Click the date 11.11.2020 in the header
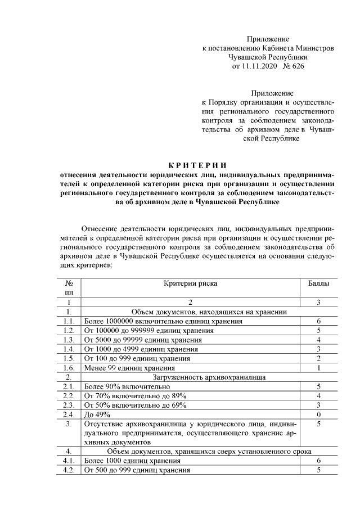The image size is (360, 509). coord(258,66)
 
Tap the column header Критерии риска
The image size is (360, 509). coord(190,284)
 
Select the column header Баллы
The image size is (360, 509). coord(318,284)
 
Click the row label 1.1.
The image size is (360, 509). coord(69,321)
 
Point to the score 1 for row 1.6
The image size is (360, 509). coord(318,368)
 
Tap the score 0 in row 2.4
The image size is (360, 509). coord(318,415)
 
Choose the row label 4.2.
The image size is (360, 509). coord(69,470)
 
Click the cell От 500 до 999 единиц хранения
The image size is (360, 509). coord(137,470)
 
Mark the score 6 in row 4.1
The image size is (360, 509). coord(318,461)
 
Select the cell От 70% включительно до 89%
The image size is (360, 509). coord(135,396)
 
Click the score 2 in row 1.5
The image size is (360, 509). coord(318,358)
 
